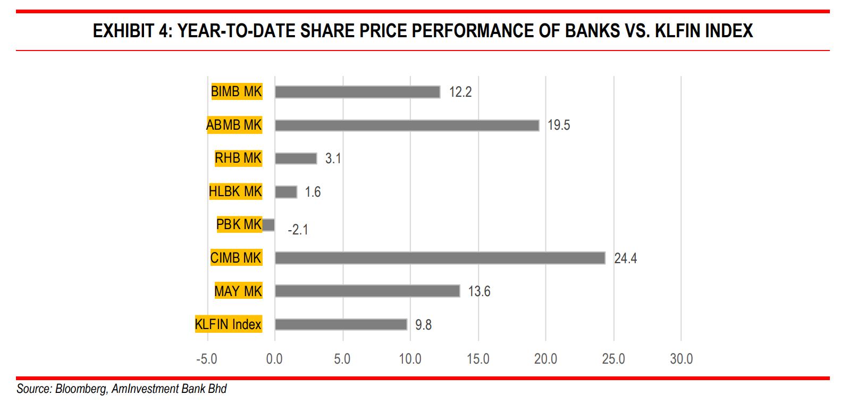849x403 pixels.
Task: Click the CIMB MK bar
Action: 440,258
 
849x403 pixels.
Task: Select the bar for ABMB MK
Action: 407,125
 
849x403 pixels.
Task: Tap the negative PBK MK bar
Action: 268,225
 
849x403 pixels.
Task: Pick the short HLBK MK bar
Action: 286,192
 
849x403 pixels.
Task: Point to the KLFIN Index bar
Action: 341,324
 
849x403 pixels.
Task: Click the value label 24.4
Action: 625,258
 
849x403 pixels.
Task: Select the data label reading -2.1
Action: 298,230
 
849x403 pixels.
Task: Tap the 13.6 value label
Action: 479,291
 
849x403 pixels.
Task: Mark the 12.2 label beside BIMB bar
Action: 460,92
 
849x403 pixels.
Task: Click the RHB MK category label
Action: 238,158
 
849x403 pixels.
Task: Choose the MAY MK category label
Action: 238,291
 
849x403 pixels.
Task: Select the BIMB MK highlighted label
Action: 237,91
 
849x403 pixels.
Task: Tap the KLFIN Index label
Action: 229,324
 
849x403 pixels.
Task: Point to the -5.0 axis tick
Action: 206,359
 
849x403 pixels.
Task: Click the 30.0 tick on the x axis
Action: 681,359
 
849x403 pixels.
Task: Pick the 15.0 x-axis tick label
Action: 478,359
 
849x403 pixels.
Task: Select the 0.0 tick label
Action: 274,359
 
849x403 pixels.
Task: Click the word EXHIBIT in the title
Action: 123,31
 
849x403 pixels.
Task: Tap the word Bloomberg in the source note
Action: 80,389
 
